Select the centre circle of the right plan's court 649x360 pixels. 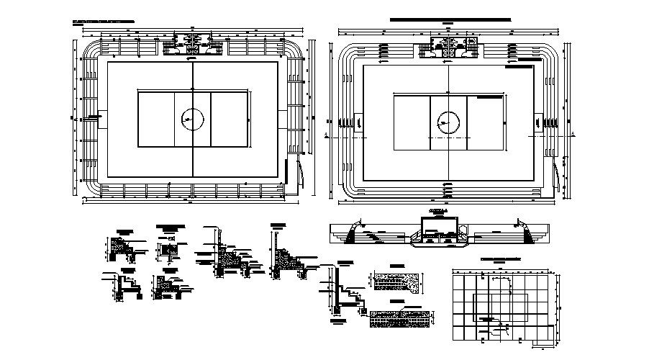pyautogui.click(x=448, y=122)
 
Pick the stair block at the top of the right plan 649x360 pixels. pyautogui.click(x=448, y=53)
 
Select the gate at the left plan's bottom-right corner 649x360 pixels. pyautogui.click(x=299, y=173)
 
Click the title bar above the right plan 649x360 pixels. pyautogui.click(x=449, y=19)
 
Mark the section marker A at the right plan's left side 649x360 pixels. pyautogui.click(x=328, y=134)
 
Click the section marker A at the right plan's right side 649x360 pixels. pyautogui.click(x=573, y=134)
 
